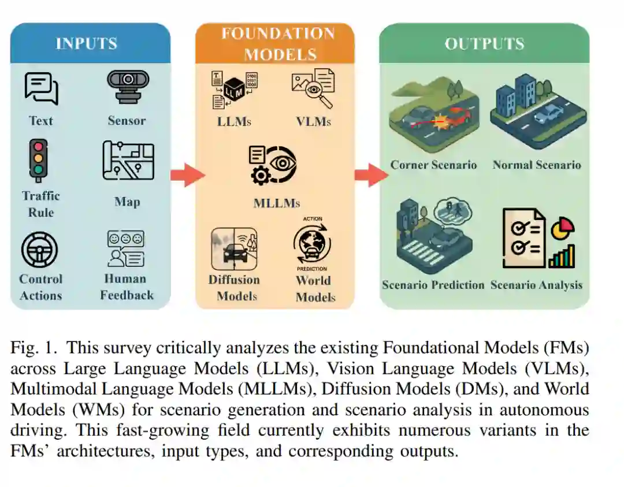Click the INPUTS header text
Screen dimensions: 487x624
[86, 43]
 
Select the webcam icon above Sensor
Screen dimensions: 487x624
[128, 87]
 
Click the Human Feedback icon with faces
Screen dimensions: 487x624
[125, 248]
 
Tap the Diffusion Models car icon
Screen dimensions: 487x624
[234, 249]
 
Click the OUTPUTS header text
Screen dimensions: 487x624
[484, 44]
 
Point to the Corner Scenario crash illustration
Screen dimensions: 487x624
[433, 115]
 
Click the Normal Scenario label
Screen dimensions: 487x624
[537, 165]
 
